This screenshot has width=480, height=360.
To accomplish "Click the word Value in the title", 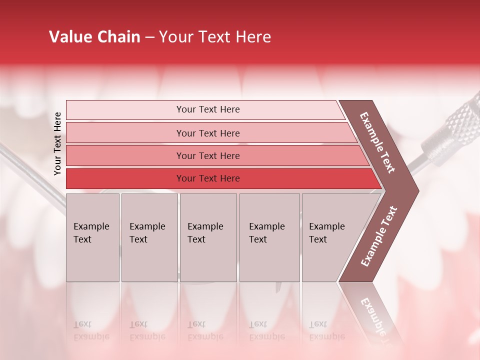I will [69, 37].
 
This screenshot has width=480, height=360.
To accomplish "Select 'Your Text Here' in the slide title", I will [215, 37].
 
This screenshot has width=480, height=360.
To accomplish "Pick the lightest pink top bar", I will [207, 109].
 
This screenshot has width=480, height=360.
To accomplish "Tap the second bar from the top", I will [207, 133].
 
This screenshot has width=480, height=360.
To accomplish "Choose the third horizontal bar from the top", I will [207, 155].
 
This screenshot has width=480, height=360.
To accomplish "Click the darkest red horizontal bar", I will [207, 178].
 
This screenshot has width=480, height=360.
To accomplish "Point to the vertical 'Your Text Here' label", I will [57, 144].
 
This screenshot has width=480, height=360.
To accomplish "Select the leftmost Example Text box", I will [92, 237].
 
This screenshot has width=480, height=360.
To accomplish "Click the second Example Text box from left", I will [149, 237].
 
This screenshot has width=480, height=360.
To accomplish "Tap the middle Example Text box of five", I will [208, 237].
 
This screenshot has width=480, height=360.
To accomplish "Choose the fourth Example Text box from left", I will [269, 237].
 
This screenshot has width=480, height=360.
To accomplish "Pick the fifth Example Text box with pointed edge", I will [332, 237].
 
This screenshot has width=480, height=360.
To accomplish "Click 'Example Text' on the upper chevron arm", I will [378, 142].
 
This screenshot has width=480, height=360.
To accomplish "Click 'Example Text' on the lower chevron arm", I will [379, 236].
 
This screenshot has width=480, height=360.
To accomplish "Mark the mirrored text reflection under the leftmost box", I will [91, 330].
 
